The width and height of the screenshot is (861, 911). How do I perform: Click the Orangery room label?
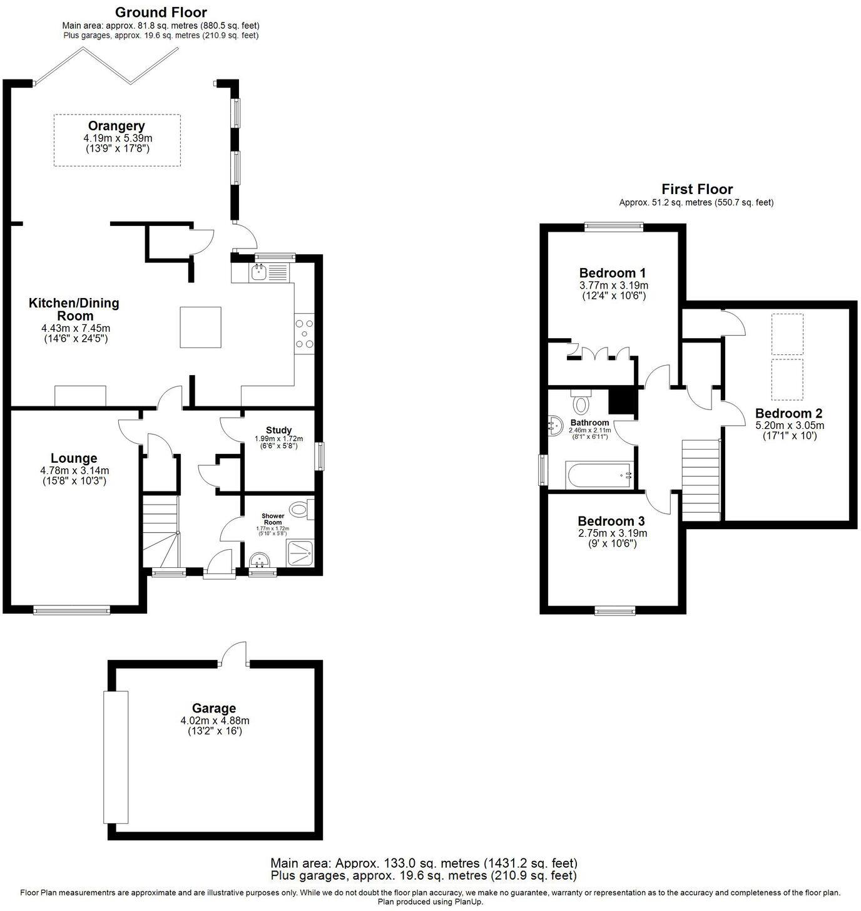116,126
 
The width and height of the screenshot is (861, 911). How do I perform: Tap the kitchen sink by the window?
259,272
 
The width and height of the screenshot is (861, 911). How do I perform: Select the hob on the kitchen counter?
305,334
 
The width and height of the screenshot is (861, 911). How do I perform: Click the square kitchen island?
200,327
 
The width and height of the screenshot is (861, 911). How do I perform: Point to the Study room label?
278,430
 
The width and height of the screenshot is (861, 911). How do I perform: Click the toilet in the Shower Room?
302,510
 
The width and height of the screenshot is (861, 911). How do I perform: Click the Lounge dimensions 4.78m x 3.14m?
74,470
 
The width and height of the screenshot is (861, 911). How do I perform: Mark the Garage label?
214,708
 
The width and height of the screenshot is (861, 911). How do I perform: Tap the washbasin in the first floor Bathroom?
556,426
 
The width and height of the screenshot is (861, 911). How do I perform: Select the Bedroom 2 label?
788,413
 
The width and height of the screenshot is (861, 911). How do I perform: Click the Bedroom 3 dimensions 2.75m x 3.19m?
611,533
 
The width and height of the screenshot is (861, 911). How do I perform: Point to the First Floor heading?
697,189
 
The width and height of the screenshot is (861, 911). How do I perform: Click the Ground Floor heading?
161,12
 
